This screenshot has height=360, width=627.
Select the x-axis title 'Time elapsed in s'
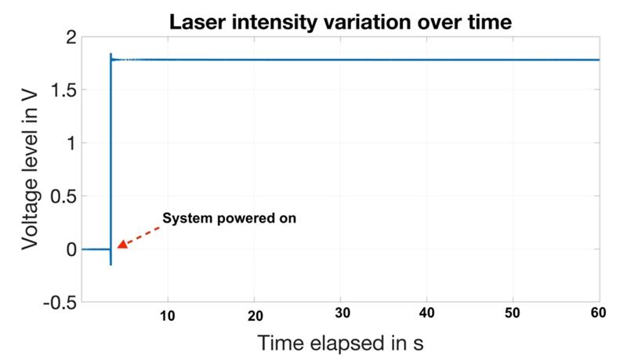click(x=339, y=343)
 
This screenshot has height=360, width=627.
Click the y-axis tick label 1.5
click(x=63, y=90)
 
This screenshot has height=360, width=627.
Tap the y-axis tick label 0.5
click(x=63, y=196)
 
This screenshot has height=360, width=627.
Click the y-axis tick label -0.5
click(x=60, y=302)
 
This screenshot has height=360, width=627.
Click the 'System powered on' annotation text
click(x=229, y=218)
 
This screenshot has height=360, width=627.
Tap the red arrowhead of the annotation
click(x=122, y=244)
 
